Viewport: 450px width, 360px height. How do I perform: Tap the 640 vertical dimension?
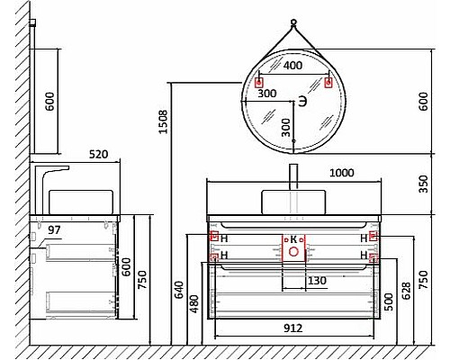tap(179, 290)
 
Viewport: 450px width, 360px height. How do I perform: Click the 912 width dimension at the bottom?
tap(292, 328)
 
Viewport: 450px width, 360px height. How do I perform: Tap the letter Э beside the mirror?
tap(303, 102)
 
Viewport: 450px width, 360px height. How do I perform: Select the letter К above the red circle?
tap(292, 238)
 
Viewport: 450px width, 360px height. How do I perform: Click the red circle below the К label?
tap(292, 253)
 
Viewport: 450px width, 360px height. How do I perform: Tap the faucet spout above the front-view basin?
tap(293, 175)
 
